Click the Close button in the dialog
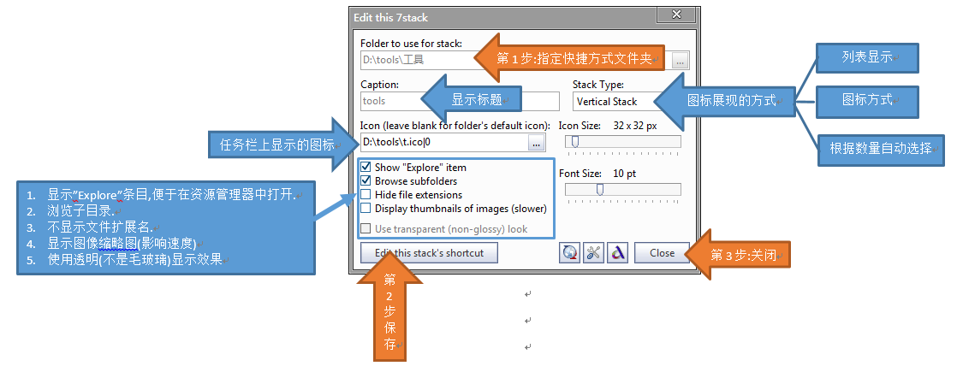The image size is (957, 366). [663, 252]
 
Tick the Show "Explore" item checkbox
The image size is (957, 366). [366, 167]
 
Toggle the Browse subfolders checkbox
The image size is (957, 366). [366, 181]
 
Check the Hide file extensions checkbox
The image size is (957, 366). [366, 195]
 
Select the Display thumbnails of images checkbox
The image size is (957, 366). [366, 209]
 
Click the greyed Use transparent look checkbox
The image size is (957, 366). [366, 229]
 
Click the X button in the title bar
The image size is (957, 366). [675, 15]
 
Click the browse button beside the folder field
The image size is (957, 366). [681, 61]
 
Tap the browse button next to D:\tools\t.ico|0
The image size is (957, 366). [537, 144]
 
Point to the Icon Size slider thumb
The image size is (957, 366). [574, 142]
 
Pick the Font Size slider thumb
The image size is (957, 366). [599, 190]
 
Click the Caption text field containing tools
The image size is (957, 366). [460, 101]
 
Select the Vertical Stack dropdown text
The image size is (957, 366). [607, 102]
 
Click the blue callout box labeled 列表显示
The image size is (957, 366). [867, 58]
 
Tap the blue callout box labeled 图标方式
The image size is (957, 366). [867, 101]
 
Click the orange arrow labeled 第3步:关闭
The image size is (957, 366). [739, 255]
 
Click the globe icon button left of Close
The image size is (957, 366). [569, 252]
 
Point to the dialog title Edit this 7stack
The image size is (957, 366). [390, 18]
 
